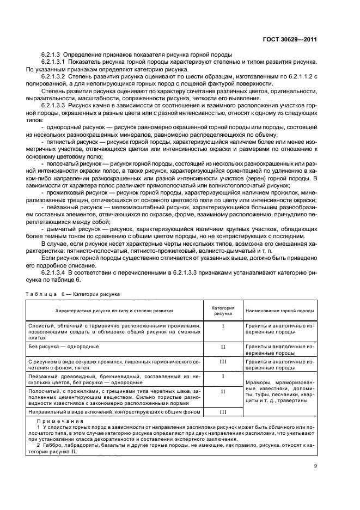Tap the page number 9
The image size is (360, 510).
pyautogui.click(x=315, y=465)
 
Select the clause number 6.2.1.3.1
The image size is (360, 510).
pyautogui.click(x=58, y=62)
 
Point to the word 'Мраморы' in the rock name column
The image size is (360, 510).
pyautogui.click(x=258, y=383)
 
